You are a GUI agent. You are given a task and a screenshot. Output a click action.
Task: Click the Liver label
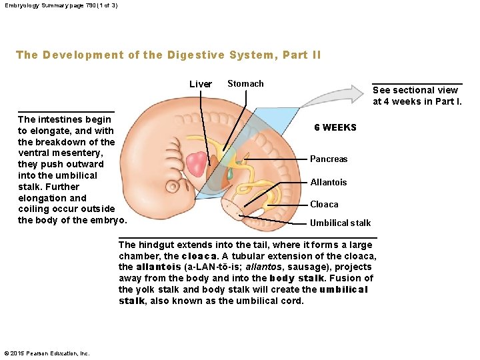pos(200,84)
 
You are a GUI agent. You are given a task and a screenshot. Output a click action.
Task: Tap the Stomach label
pos(245,83)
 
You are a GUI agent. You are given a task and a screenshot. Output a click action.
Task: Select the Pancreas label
pos(329,159)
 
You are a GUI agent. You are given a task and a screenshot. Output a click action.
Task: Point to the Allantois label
pos(329,182)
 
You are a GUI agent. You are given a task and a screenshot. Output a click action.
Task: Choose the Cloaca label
pos(324,204)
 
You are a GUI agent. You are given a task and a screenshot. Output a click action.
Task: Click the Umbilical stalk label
pos(340,223)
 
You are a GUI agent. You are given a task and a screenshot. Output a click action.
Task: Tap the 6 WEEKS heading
pos(335,127)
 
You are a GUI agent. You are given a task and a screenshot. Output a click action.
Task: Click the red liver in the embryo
pos(199,164)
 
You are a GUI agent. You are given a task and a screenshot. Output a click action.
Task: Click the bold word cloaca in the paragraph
pos(198,256)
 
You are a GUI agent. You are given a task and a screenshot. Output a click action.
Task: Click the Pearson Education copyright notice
pos(47,353)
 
